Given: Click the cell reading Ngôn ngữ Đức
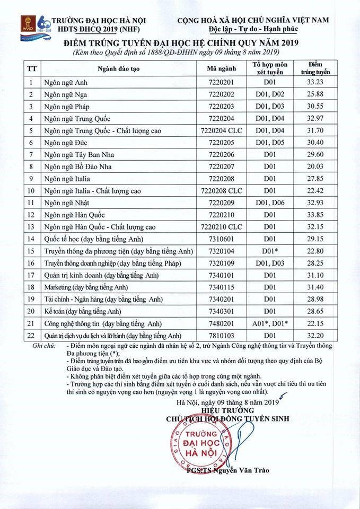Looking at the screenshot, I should click(66, 143).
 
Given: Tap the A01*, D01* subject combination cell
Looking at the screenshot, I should click(270, 323).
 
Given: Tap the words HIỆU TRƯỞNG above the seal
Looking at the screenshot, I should click(228, 411).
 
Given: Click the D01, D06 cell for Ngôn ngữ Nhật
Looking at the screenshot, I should click(270, 203).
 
